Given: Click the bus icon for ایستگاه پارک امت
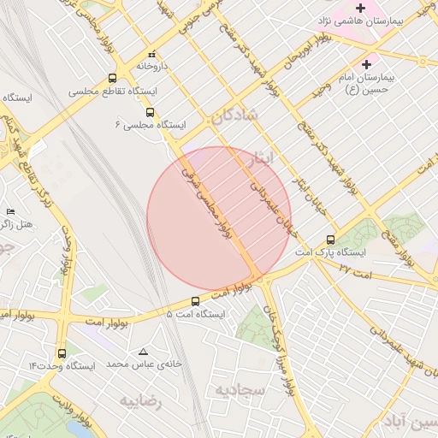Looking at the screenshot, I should coord(331,240).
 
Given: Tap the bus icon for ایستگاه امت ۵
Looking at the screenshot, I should coord(196,301).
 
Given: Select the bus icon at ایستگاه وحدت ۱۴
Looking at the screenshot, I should coord(62,352).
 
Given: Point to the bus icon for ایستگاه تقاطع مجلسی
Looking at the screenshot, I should coord(113,78).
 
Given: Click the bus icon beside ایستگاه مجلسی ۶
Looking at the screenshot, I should coord(151,112).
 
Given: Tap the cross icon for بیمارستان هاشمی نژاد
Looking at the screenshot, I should coord(360,8).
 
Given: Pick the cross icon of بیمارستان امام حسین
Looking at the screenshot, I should coord(367,63).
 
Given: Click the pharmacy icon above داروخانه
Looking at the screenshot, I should coord(151,53).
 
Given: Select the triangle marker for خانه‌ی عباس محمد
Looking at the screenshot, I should coord(143,352).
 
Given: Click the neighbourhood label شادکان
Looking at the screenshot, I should coord(234,117).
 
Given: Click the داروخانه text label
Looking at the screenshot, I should coord(157,65).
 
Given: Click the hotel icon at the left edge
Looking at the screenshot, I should coord(10,211).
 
